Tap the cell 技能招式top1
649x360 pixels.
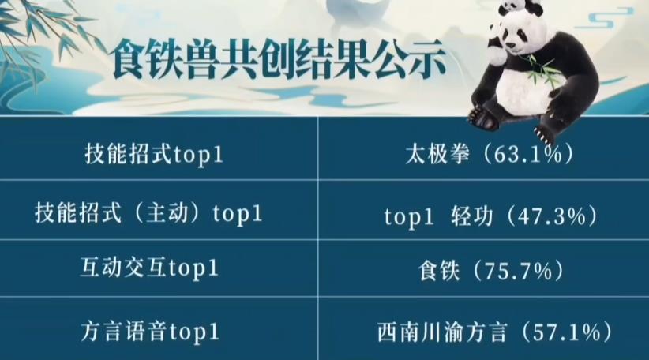tap(154, 154)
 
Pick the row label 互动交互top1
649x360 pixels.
tap(150, 269)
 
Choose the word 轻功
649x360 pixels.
tap(471, 216)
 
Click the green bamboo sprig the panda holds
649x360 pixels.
tap(545, 71)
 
